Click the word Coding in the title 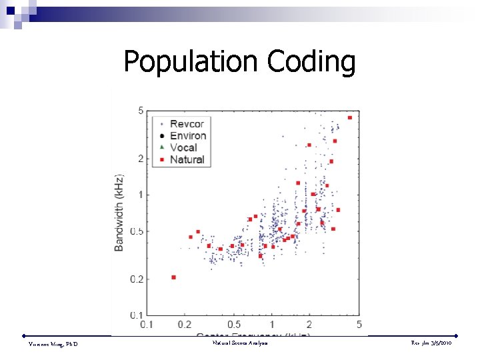click(311, 62)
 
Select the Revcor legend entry click(187, 124)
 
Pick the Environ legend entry click(189, 136)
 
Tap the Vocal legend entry click(183, 148)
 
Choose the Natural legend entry click(187, 160)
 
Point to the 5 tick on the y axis click(141, 111)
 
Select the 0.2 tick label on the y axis click(137, 279)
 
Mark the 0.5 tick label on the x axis click(234, 325)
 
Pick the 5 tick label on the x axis click(359, 325)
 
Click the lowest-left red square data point click(173, 277)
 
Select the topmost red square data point click(350, 118)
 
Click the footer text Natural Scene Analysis click(240, 343)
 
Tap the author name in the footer click(53, 343)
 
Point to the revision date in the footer click(433, 343)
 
